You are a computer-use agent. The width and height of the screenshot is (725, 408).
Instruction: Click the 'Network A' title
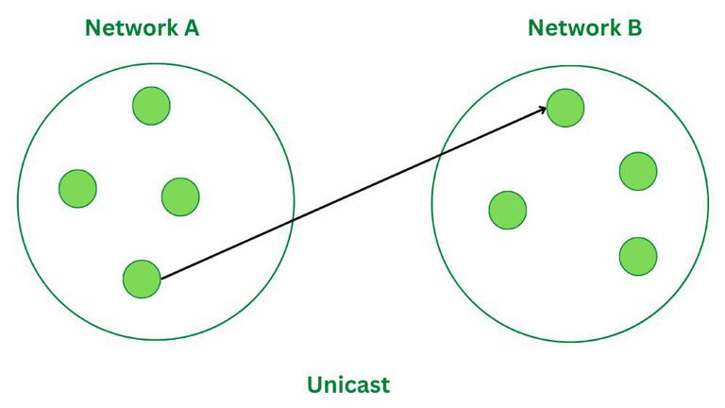pos(142,27)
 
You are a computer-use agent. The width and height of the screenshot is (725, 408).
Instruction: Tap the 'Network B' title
pos(584,27)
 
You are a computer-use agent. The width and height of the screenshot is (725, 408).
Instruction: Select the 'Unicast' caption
pos(348,384)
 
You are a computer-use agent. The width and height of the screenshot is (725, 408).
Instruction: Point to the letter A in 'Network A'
pos(190,27)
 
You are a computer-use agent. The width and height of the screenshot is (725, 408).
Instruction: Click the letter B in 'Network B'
pos(633,27)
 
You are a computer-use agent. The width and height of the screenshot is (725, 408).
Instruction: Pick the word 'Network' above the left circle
pos(128,27)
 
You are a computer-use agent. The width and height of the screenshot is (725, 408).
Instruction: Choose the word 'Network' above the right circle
pos(571,27)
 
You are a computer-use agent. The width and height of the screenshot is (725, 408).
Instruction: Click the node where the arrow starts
pos(142,279)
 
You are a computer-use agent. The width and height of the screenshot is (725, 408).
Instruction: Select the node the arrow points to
pos(565,107)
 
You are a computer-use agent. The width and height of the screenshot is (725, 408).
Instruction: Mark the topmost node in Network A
pos(151,105)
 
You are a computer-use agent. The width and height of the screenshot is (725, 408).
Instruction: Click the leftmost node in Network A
pos(77,188)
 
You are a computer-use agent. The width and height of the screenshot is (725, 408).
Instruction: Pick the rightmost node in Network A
pos(179,196)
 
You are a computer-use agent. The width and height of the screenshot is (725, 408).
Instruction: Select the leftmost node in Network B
pos(508,209)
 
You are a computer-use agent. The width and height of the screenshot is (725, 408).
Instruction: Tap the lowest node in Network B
pos(638,255)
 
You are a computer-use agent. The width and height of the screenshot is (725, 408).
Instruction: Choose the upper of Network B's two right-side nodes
pos(638,171)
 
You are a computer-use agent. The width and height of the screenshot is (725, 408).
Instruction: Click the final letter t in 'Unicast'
pos(384,384)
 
